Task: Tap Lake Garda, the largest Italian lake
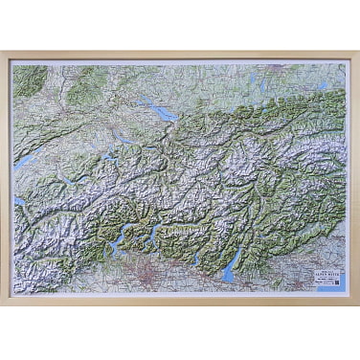[x=228, y=272]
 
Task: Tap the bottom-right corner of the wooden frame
[x=355, y=303]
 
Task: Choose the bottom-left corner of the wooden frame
[x=4, y=303]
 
